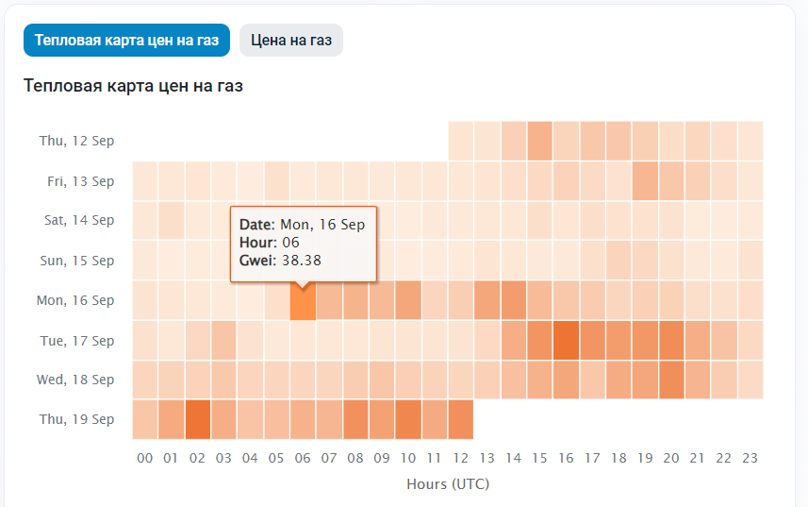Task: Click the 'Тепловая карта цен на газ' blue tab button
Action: (126, 41)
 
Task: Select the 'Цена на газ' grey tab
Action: (291, 41)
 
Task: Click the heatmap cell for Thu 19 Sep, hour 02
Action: (198, 419)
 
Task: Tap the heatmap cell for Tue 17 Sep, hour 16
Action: (566, 340)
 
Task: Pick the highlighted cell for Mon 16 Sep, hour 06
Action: (303, 300)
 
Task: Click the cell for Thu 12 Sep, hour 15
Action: (539, 142)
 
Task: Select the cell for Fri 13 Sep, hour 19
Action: (645, 181)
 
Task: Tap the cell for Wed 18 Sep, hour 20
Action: (671, 380)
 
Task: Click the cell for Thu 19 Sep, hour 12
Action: (460, 419)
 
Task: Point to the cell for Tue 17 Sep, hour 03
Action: (224, 340)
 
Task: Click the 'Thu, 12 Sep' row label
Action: (76, 141)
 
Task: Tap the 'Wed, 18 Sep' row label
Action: (76, 380)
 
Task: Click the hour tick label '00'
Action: (145, 459)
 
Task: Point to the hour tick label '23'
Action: (750, 459)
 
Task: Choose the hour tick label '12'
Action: (460, 459)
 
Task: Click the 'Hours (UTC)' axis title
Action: (448, 484)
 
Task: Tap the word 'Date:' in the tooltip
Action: (257, 225)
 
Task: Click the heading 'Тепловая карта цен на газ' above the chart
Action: (133, 86)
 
